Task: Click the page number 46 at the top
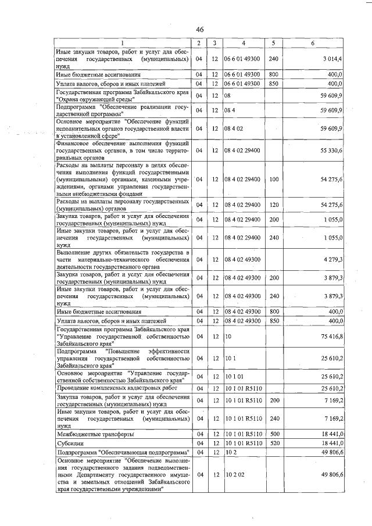click(199, 30)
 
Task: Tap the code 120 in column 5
click(274, 205)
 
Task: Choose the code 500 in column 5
click(274, 434)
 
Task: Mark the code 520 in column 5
click(274, 443)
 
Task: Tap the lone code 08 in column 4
click(229, 95)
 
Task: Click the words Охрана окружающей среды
click(97, 99)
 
